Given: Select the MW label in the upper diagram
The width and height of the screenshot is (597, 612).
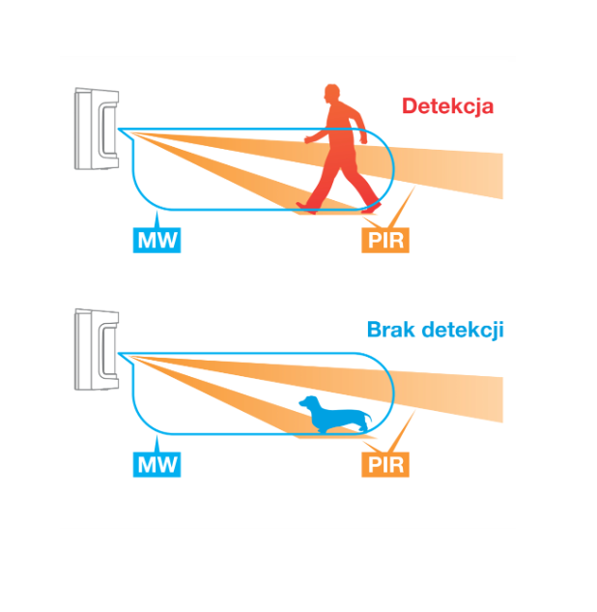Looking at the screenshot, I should (x=156, y=239).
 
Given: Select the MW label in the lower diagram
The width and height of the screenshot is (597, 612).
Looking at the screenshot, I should (x=156, y=464).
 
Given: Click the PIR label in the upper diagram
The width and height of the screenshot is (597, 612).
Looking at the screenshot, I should (x=386, y=239).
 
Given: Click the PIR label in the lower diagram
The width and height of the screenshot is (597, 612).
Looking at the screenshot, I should (x=386, y=464).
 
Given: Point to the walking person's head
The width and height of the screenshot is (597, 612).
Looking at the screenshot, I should (x=332, y=95).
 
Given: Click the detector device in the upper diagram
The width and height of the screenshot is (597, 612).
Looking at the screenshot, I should (x=97, y=128).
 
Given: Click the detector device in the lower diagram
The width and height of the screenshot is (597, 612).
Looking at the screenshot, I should (x=97, y=351).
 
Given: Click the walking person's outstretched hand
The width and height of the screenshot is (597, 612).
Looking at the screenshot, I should (x=308, y=141).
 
